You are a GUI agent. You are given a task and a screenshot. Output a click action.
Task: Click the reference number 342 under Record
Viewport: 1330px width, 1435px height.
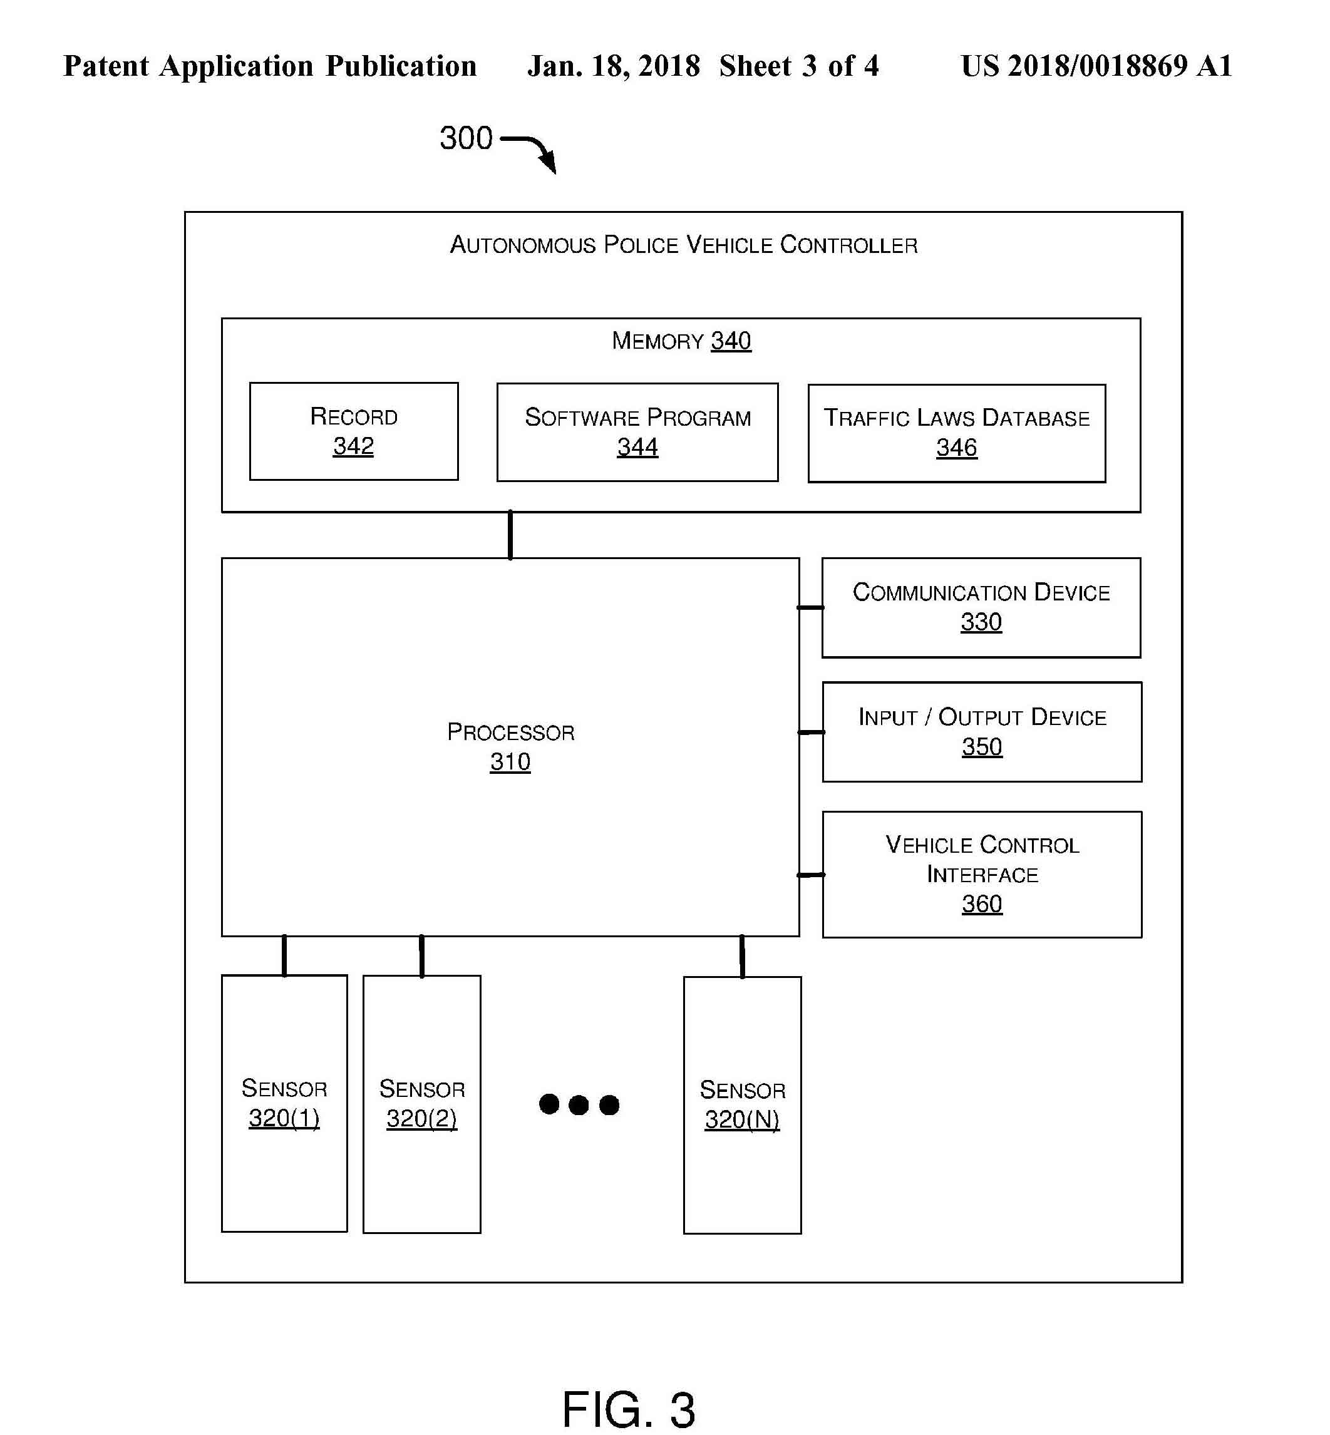click(353, 446)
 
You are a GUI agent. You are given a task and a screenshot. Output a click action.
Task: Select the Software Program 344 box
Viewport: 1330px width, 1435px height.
click(637, 432)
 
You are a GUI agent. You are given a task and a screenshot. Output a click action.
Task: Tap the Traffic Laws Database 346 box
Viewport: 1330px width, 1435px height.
click(956, 433)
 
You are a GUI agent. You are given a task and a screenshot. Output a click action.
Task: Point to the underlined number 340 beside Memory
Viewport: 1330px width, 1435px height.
click(731, 341)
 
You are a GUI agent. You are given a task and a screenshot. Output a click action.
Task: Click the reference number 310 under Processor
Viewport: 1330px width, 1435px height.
click(510, 761)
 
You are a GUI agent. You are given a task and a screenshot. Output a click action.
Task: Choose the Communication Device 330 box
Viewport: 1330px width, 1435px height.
click(981, 607)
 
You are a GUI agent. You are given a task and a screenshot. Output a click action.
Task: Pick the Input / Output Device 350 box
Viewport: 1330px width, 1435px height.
click(982, 732)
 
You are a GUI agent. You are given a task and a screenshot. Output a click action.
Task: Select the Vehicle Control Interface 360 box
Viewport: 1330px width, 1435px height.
click(982, 875)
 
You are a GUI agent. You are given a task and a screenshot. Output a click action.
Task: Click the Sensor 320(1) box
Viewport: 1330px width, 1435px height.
click(284, 1103)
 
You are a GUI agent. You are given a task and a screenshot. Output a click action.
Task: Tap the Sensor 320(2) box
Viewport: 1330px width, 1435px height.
click(422, 1104)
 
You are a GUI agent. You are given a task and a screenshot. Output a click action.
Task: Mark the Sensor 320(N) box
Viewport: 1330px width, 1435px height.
click(742, 1104)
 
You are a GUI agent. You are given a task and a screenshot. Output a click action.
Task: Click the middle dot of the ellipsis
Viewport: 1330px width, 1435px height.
click(579, 1104)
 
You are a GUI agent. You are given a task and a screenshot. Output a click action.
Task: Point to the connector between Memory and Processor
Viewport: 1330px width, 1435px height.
click(510, 535)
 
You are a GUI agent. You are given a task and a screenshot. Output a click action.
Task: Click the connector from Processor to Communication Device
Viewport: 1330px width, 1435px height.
click(810, 607)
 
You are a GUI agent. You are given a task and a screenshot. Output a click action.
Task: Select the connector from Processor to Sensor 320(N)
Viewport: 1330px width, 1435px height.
click(742, 957)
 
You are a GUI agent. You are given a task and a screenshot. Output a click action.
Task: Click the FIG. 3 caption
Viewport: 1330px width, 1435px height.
click(628, 1409)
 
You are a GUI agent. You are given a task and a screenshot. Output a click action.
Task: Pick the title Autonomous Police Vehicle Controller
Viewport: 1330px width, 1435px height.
click(683, 245)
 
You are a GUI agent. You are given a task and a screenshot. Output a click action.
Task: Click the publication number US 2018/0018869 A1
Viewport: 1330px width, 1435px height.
click(1095, 66)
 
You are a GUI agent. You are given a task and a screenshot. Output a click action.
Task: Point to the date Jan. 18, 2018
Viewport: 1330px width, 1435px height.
click(613, 66)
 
